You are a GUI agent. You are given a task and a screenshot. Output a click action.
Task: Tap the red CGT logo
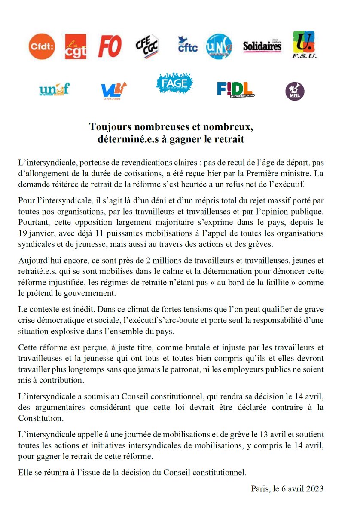pyautogui.click(x=76, y=46)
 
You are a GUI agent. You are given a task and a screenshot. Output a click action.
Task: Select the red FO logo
pyautogui.click(x=110, y=46)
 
